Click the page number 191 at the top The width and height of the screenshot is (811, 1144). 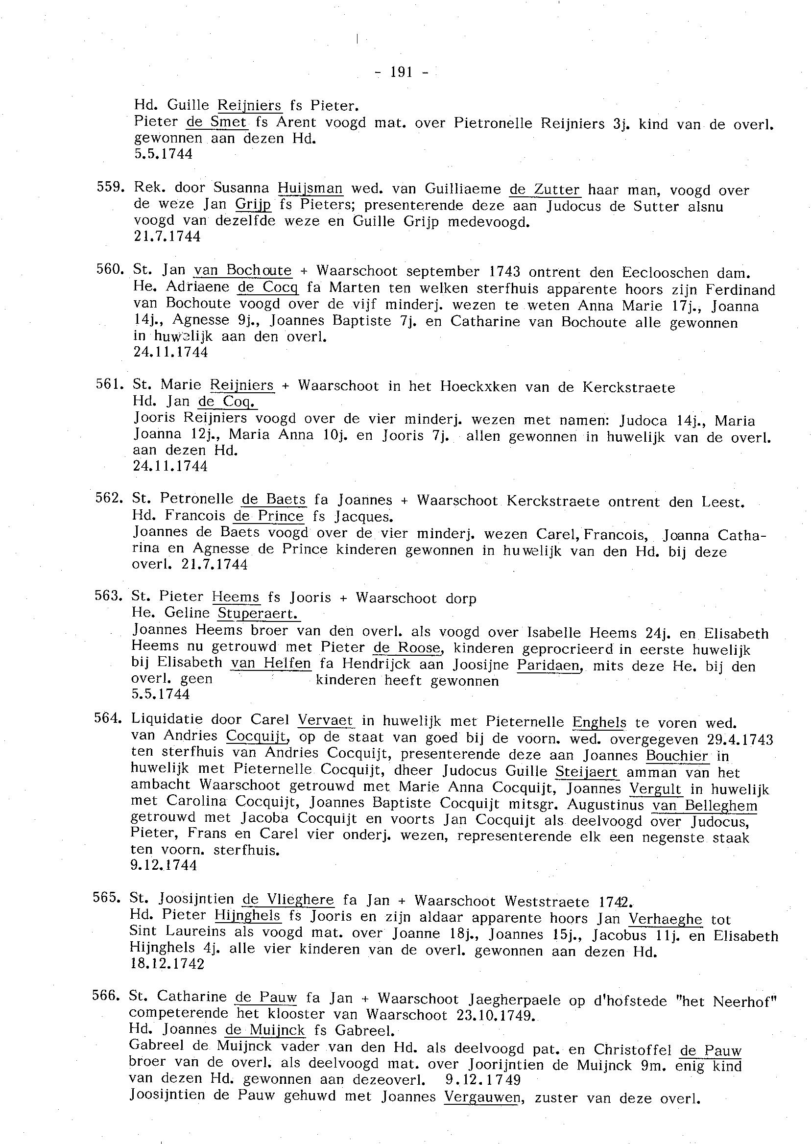pos(401,73)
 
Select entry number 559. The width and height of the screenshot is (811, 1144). pos(109,187)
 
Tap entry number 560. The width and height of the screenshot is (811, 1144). pos(109,270)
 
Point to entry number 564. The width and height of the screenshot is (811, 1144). pos(108,718)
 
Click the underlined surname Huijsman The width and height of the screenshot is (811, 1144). pos(310,188)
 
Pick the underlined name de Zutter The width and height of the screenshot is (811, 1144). pos(545,190)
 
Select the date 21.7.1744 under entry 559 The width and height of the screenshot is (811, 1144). pos(167,237)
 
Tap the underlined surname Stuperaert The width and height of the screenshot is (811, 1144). pos(258,613)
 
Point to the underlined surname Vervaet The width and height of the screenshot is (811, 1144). pos(326,720)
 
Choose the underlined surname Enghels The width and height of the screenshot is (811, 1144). pos(599,722)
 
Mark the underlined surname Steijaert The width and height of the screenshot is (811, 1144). pos(587,772)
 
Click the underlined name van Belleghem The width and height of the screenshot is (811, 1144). pos(705,806)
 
